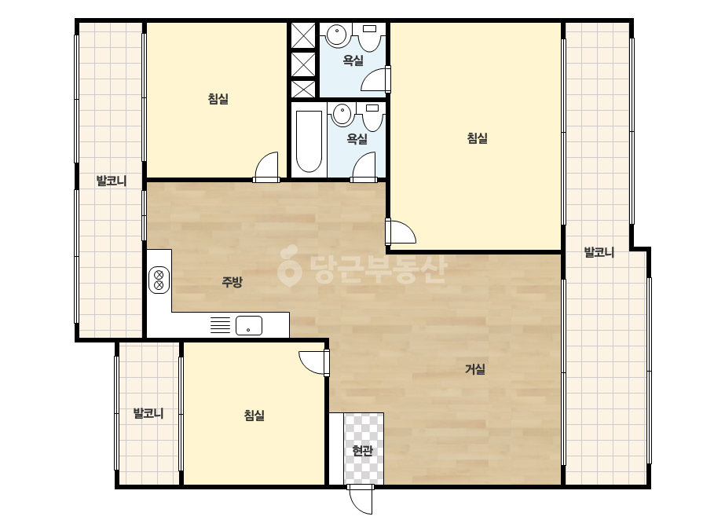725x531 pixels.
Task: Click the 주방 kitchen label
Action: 233,282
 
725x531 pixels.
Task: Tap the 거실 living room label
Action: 475,369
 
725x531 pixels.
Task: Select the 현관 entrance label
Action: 363,450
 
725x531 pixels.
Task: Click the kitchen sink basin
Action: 249,325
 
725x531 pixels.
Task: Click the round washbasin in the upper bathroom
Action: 337,35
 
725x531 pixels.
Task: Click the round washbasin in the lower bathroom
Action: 343,114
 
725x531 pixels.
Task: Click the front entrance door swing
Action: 361,499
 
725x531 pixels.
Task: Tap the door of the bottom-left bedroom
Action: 314,363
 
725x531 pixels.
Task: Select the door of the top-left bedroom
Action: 266,167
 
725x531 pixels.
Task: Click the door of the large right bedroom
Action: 401,232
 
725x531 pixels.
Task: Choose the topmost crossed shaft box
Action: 303,35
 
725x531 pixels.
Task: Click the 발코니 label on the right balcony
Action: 599,253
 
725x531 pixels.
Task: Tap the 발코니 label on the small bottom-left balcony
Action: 148,413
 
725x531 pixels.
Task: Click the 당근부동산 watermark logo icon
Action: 289,265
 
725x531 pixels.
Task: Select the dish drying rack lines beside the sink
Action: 220,325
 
